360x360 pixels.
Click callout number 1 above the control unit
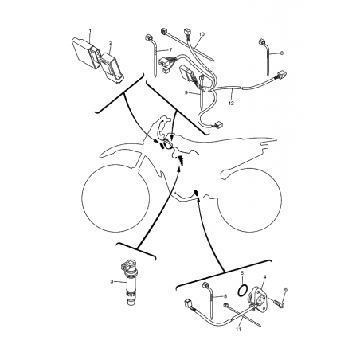[90, 30]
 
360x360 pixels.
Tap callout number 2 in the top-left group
[111, 42]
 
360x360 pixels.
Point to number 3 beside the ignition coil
[112, 281]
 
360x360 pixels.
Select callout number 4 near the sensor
[264, 276]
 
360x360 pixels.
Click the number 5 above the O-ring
[242, 272]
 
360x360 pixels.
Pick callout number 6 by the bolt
[286, 289]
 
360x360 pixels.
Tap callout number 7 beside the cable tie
[170, 49]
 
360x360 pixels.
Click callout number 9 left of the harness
[186, 92]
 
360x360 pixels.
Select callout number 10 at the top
[202, 34]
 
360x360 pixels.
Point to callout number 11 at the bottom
[238, 329]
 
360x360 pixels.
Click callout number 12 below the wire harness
[231, 103]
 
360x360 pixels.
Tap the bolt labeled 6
[279, 304]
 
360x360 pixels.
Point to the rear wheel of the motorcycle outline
[250, 201]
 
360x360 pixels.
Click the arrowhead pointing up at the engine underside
[198, 199]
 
